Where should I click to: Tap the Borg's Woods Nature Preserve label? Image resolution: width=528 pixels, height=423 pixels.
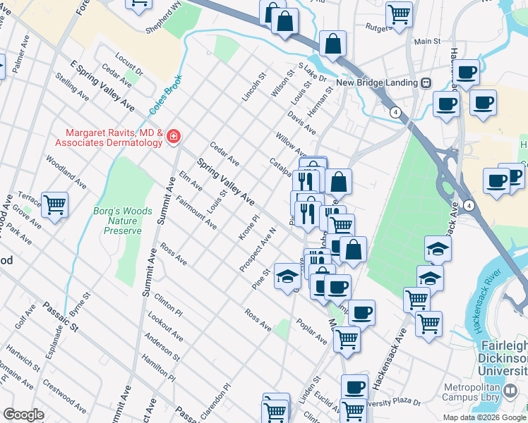coord(118,220)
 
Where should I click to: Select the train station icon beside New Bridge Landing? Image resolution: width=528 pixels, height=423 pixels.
coord(426,82)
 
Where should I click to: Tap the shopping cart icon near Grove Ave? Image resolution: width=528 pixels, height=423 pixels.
coord(54,205)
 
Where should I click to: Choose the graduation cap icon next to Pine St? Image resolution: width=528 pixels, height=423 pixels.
coord(287,277)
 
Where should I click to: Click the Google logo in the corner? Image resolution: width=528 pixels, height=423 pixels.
coord(23,415)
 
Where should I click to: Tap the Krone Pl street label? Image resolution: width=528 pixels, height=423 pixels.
coord(250,228)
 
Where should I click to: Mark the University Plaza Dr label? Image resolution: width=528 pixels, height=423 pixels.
coord(395,405)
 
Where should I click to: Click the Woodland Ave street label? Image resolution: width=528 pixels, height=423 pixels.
coord(66,171)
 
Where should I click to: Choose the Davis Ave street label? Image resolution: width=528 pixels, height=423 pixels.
coord(301,121)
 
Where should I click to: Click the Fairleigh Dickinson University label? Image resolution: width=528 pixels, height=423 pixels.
coord(503,358)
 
